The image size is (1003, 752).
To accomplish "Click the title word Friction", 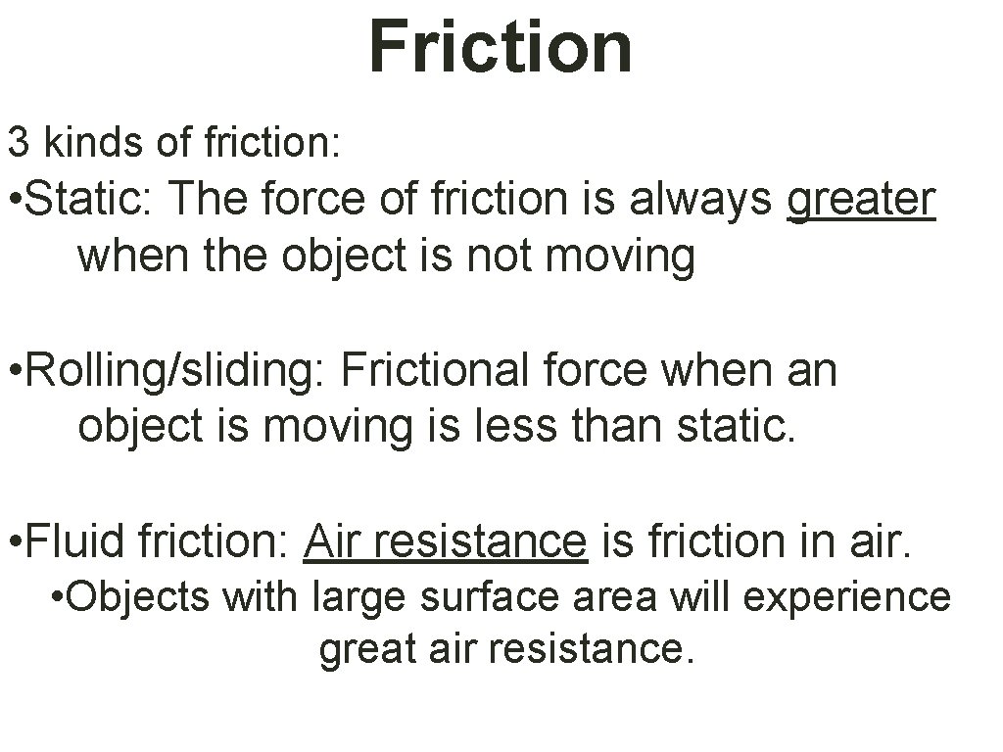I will coord(501,46).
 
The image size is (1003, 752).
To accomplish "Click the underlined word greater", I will coord(861,199).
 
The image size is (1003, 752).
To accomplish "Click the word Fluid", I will coord(77,540).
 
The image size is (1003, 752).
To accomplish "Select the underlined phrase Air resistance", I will coord(445,540).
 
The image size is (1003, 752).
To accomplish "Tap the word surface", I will coord(488,595).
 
